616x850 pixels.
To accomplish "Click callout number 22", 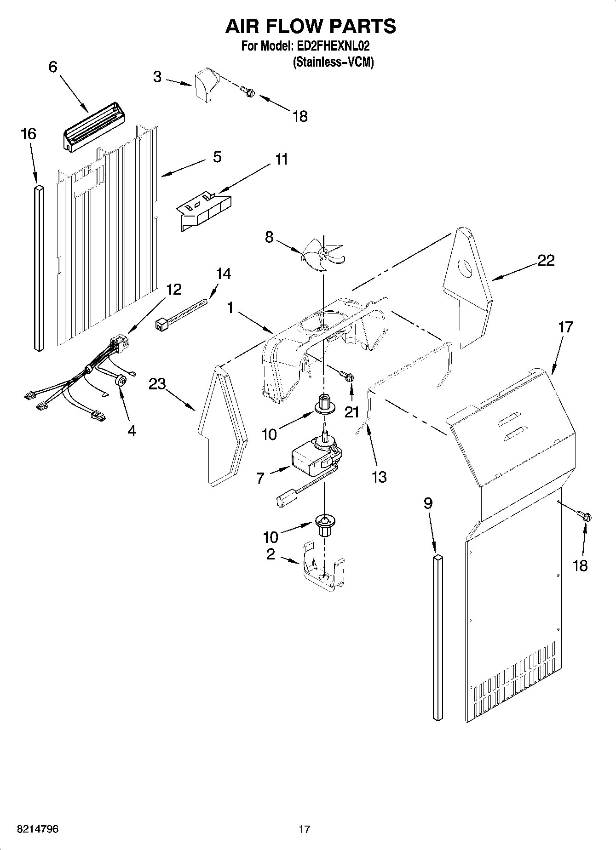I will [x=546, y=261].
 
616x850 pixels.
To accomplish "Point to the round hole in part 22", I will [x=466, y=268].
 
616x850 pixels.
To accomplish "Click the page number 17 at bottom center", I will [x=304, y=829].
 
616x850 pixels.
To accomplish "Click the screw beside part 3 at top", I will [x=250, y=92].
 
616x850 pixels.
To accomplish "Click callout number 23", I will [x=157, y=384].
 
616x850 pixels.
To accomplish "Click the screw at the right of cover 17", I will [x=586, y=517].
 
